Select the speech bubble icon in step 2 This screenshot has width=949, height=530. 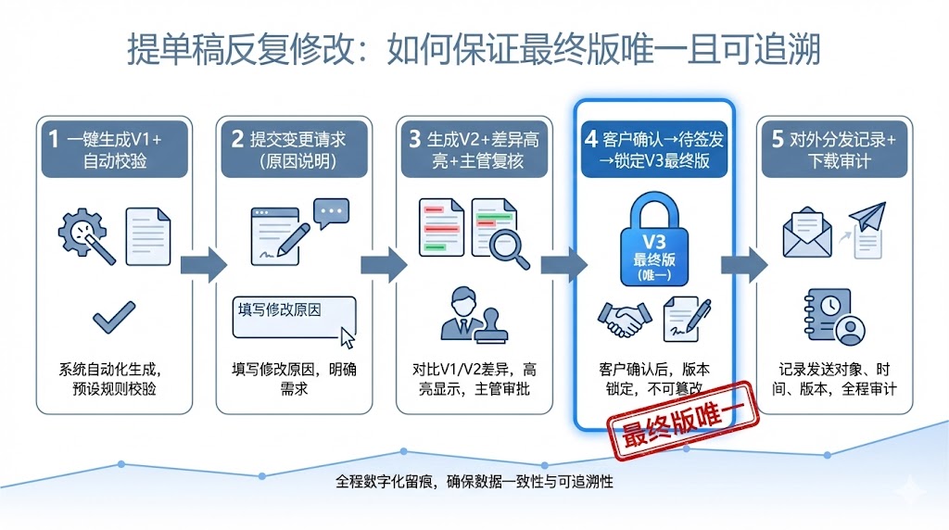point(332,214)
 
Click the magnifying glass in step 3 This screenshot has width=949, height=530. point(509,246)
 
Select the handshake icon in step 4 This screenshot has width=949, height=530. point(623,320)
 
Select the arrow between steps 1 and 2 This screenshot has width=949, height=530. point(203,264)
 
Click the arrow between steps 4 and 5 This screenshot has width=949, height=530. point(744,264)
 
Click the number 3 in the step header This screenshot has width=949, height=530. point(414,139)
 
